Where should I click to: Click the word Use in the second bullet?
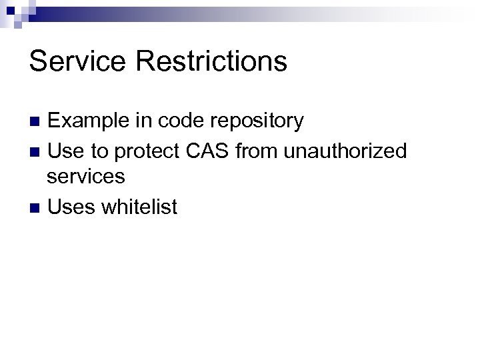[65, 152]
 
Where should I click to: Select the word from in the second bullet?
[257, 152]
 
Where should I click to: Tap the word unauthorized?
[345, 152]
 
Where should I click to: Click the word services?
[86, 177]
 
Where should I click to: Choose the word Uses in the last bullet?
[71, 207]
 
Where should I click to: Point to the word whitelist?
[139, 207]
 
